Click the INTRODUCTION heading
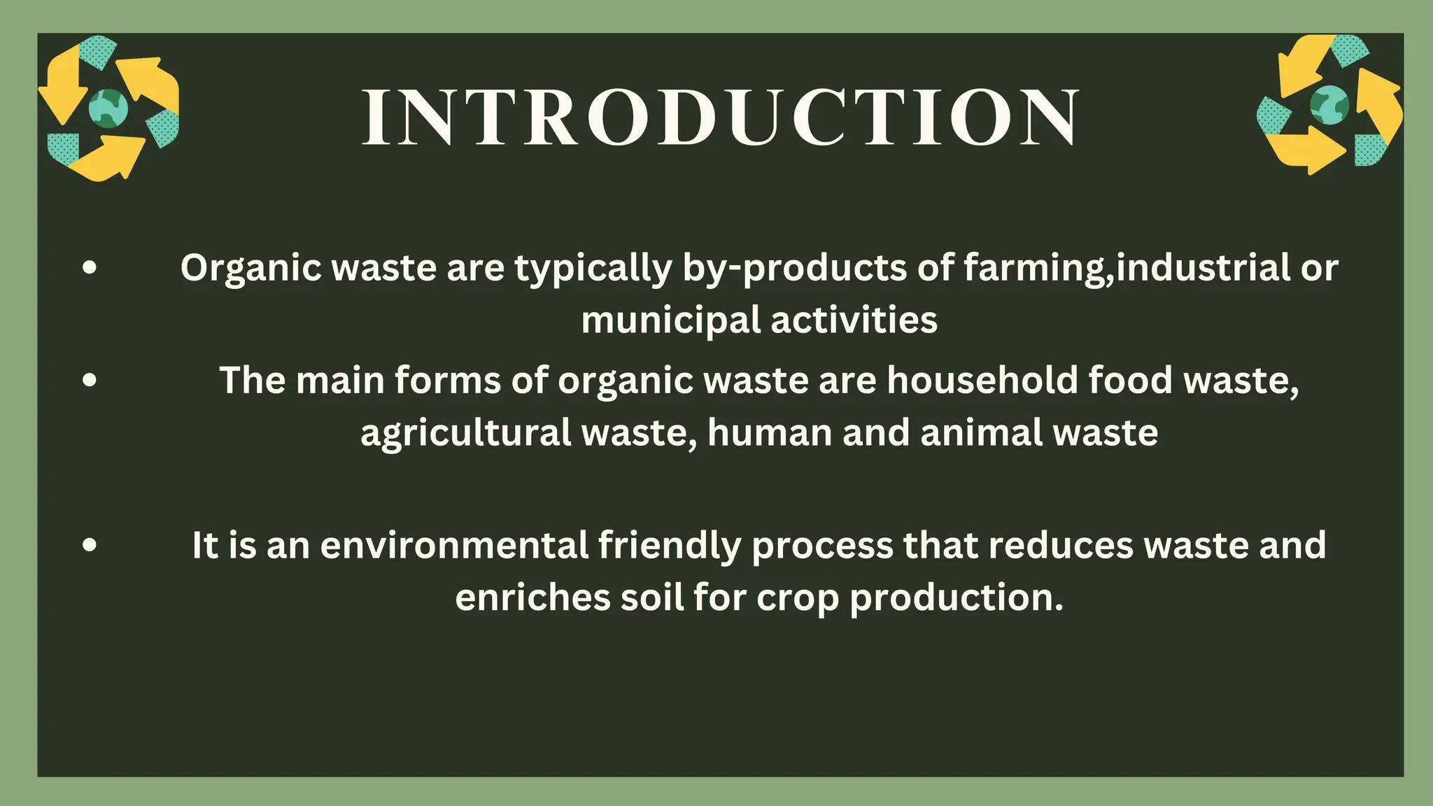721,118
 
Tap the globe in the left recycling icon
108,108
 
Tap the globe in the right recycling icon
1329,105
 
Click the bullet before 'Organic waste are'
89,267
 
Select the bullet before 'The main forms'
89,381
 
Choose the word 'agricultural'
465,433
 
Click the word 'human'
769,433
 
